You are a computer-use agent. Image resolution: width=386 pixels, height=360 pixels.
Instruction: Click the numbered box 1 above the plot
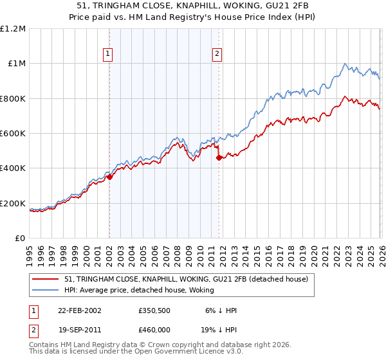pyautogui.click(x=107, y=54)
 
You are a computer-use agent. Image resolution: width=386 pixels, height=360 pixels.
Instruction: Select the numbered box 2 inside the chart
pyautogui.click(x=217, y=54)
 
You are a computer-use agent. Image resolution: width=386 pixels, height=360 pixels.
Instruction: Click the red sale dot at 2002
pyautogui.click(x=109, y=177)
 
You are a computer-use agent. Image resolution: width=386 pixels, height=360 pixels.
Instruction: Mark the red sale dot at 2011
pyautogui.click(x=219, y=157)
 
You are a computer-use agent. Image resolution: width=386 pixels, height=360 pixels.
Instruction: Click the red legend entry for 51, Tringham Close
pyautogui.click(x=187, y=279)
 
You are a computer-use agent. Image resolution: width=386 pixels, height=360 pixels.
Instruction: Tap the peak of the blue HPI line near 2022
pyautogui.click(x=345, y=63)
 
